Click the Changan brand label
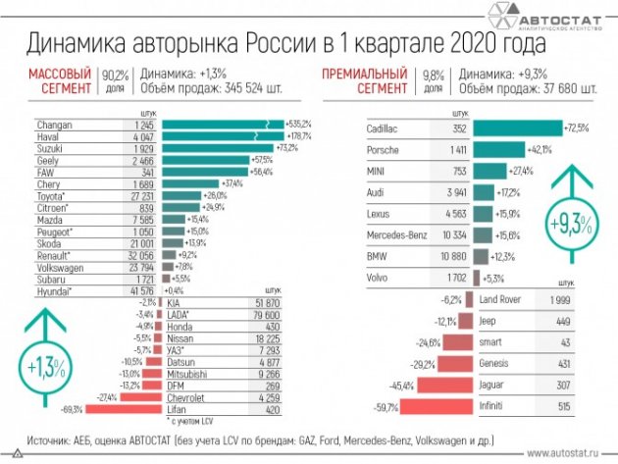coord(53,126)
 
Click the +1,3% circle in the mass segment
coord(41,366)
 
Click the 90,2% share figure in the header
coord(115,73)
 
